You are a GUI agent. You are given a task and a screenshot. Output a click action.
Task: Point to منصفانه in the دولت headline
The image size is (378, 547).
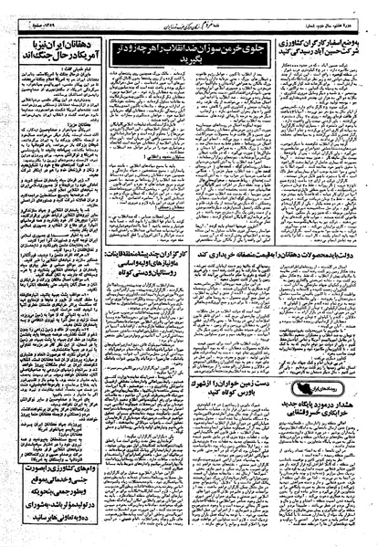pyautogui.click(x=257, y=258)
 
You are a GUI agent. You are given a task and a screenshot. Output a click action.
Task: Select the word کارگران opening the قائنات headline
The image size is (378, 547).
pyautogui.click(x=170, y=258)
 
